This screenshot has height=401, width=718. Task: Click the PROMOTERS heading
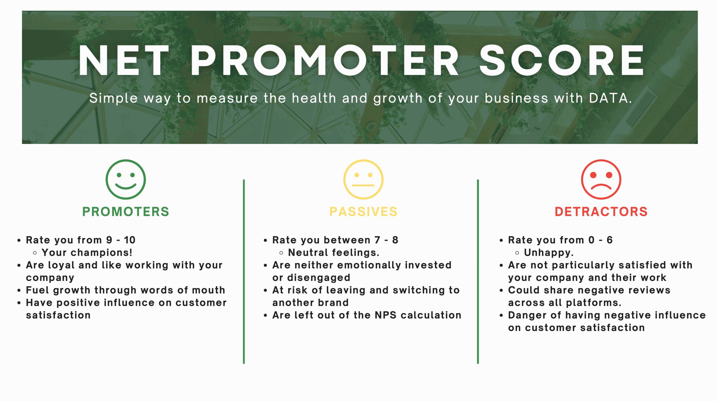click(x=126, y=212)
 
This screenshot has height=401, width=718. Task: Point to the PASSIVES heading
click(x=363, y=212)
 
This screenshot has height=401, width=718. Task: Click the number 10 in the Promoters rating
click(x=130, y=240)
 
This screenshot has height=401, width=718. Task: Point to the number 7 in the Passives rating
click(x=377, y=240)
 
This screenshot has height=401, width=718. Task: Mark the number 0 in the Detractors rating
click(x=591, y=240)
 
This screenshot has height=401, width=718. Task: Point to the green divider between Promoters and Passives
click(x=244, y=271)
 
